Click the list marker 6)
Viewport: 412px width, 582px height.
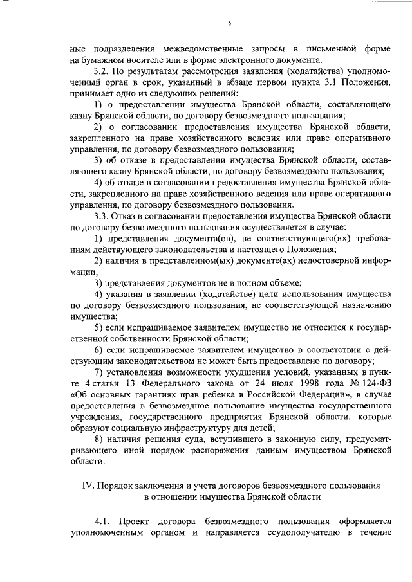point(98,349)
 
